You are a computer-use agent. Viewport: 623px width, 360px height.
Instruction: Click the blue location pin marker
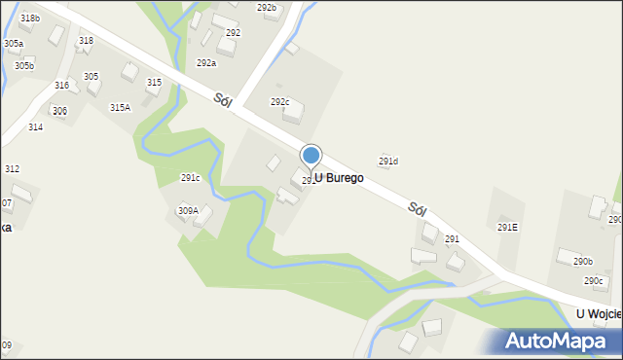311,157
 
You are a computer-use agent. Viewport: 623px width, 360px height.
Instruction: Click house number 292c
280,101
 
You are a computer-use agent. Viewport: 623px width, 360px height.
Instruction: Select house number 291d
388,161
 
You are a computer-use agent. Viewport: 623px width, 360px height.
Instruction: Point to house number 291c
190,177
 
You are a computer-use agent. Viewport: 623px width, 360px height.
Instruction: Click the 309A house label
188,210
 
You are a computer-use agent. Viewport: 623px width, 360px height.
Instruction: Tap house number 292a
206,62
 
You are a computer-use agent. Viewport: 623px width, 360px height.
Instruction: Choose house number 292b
267,7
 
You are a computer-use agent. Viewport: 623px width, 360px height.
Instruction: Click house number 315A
120,107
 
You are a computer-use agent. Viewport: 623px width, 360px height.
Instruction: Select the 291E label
507,227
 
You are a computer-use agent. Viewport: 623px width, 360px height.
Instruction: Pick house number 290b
582,261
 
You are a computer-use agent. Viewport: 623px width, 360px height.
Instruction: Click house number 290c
594,280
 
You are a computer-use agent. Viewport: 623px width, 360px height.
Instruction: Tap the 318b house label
30,18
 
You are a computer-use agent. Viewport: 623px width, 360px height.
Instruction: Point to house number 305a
14,44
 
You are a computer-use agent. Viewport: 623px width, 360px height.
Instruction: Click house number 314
35,126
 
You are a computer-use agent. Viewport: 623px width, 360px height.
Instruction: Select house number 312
12,168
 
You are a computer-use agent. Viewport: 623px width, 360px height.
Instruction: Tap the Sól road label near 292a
222,99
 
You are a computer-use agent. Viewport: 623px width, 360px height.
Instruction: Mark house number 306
59,111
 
